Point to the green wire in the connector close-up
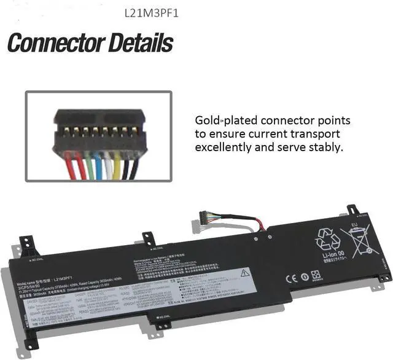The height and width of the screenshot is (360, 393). (x=90, y=166)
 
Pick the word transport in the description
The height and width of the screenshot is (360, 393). (x=315, y=134)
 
